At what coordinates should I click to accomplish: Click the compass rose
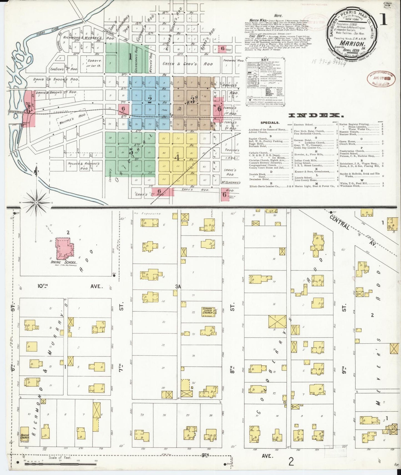pyautogui.click(x=36, y=203)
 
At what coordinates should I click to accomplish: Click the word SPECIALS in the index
pyautogui.click(x=270, y=122)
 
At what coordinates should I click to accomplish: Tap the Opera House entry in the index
pyautogui.click(x=347, y=141)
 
